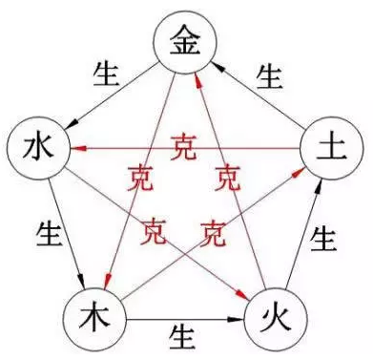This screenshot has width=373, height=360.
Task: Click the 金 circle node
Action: point(186,41)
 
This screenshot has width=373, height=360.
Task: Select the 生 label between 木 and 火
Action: point(183,334)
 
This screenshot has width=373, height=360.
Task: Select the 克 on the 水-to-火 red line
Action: point(153,230)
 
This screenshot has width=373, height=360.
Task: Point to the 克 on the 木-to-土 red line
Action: point(214,230)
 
